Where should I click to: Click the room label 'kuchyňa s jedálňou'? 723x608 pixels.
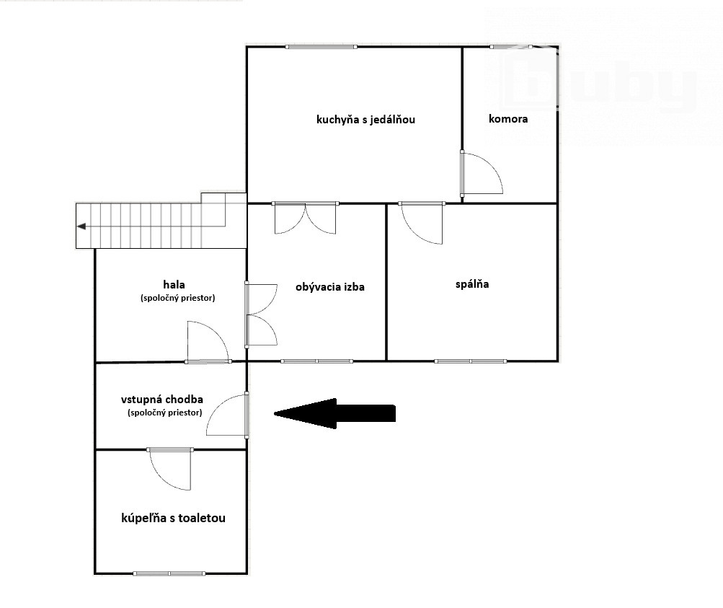coord(365,120)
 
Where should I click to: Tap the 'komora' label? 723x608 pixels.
coord(508,118)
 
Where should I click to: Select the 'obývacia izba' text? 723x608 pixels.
coord(330,287)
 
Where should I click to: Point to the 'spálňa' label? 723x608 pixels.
coord(472,284)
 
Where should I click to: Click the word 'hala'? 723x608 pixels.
coord(174,284)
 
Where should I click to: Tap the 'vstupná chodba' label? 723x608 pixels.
coord(162,400)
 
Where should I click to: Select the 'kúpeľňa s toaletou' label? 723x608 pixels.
coord(174,518)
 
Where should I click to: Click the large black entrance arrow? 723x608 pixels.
coord(334,413)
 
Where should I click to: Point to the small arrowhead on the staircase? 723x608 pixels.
coord(81,226)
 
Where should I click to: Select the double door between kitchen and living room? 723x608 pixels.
coord(305,218)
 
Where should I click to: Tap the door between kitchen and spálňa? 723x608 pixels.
coord(422,223)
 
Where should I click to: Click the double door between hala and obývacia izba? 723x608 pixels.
coord(262,314)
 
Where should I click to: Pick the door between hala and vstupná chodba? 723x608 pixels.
coord(208,341)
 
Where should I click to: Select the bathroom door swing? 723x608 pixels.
coord(170,469)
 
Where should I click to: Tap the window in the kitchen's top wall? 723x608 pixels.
coord(321,47)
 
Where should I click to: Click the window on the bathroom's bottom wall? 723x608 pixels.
coord(169,573)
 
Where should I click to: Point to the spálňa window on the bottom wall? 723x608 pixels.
coord(470,361)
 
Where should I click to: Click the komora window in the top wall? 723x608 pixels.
coord(511,47)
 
